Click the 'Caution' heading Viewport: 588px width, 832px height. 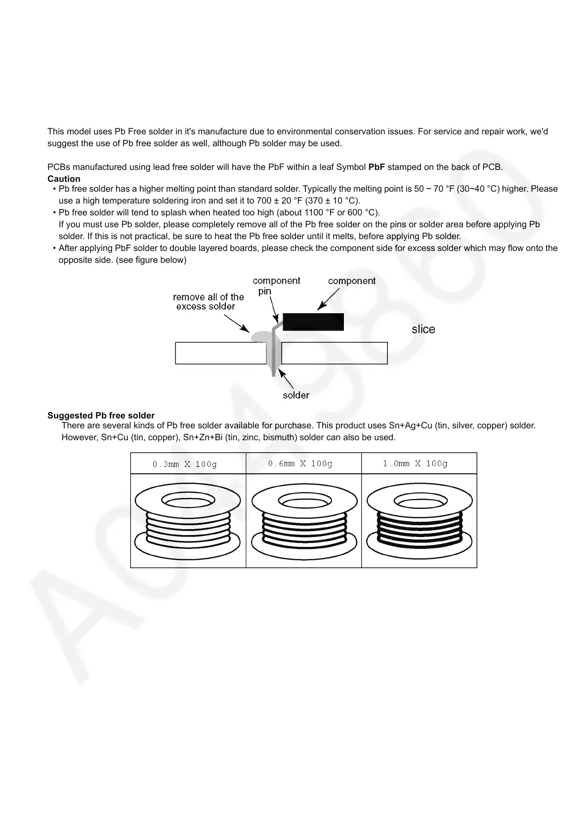pyautogui.click(x=64, y=179)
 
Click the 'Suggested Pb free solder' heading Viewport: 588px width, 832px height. pyautogui.click(x=101, y=416)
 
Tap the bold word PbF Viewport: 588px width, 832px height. pyautogui.click(x=377, y=167)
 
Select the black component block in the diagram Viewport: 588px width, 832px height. pyautogui.click(x=313, y=322)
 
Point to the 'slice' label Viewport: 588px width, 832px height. pyautogui.click(x=423, y=330)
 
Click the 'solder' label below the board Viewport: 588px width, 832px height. pyautogui.click(x=296, y=395)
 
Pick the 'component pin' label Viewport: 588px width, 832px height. pyautogui.click(x=276, y=286)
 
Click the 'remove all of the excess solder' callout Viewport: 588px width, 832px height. pyautogui.click(x=208, y=301)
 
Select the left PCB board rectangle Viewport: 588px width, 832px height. pyautogui.click(x=220, y=353)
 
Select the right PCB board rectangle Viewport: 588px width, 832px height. pyautogui.click(x=335, y=353)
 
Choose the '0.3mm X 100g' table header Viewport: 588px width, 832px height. pyautogui.click(x=185, y=464)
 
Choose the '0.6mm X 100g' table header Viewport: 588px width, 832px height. pyautogui.click(x=300, y=463)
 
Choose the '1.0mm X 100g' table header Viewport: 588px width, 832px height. pyautogui.click(x=416, y=463)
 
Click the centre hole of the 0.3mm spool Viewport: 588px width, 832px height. pyautogui.click(x=188, y=501)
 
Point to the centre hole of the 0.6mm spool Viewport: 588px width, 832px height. pyautogui.click(x=304, y=501)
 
